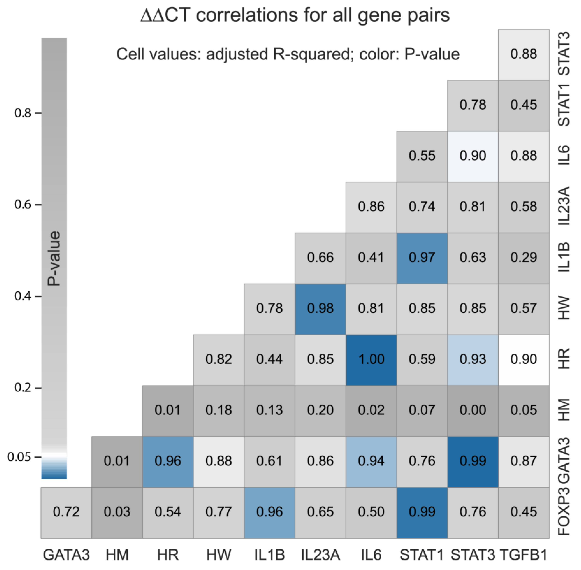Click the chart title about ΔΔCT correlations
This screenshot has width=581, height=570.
[x=295, y=16]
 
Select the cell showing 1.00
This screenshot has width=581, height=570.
[x=371, y=359]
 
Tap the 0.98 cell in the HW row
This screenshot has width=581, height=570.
[x=320, y=308]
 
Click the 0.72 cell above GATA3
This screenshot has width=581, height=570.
[x=66, y=512]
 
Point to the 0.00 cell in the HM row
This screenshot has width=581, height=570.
[x=473, y=410]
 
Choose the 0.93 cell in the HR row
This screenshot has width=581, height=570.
[x=473, y=359]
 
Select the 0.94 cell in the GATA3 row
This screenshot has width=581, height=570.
[x=371, y=461]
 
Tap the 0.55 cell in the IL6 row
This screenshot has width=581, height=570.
[x=422, y=156]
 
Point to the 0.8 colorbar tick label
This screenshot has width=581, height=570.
[x=23, y=113]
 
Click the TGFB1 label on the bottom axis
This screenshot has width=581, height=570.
[x=524, y=555]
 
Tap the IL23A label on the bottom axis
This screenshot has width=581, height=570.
[x=320, y=555]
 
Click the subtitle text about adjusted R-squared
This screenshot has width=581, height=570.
[x=288, y=55]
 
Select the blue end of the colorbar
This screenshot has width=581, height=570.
[x=54, y=474]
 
